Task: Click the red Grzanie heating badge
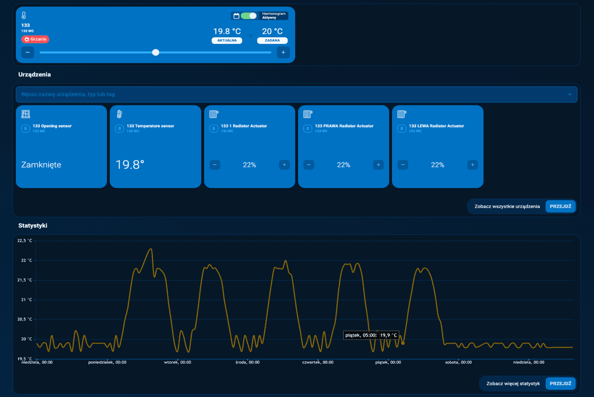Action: coord(35,39)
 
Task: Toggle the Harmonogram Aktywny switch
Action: coord(248,16)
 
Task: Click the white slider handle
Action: coord(155,53)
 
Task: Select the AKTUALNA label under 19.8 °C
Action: coord(227,41)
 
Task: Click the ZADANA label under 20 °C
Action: coord(272,41)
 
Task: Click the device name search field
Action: coord(292,95)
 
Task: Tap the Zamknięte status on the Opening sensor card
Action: coord(41,165)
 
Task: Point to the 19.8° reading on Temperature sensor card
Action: coord(130,165)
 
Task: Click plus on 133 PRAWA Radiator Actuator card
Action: coord(378,165)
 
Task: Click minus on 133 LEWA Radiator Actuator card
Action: coord(403,165)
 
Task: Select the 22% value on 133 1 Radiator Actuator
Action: coord(249,165)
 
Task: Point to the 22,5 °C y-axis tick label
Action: coord(24,241)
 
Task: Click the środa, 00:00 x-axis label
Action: coord(248,362)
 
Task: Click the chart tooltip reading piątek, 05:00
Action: coord(371,335)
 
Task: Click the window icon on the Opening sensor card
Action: coord(26,114)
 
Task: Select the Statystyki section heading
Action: coord(32,225)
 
